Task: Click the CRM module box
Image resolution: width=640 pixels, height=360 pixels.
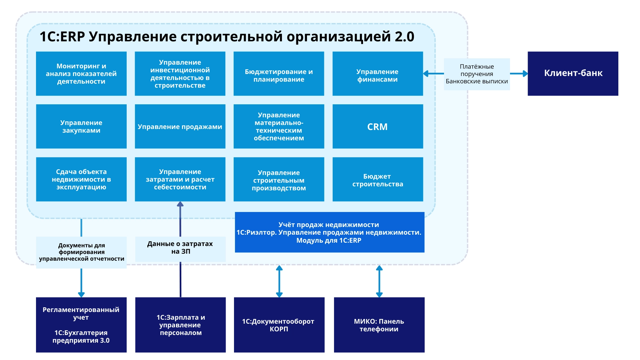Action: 378,127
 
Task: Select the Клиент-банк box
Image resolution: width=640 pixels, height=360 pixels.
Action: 573,73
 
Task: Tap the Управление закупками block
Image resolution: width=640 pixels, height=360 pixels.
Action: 81,127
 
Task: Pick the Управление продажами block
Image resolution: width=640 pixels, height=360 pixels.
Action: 180,127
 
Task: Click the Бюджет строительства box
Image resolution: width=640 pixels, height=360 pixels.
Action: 378,180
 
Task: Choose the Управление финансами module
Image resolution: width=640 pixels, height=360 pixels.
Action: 378,74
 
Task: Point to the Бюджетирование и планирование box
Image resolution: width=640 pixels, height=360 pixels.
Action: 279,74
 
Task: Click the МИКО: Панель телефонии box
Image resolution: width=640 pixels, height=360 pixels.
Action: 379,325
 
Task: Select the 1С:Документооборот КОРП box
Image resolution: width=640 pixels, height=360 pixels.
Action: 279,325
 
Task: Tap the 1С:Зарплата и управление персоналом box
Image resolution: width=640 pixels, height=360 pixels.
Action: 180,325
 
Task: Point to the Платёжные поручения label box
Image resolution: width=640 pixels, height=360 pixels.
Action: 477,74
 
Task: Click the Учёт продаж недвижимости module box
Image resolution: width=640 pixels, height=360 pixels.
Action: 329,232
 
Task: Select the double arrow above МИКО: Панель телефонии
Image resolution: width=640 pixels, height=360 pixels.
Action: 379,281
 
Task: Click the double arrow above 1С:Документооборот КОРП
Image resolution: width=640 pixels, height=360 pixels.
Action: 279,281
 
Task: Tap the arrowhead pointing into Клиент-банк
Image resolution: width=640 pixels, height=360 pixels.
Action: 525,74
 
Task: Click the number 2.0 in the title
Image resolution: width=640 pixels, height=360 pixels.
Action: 404,37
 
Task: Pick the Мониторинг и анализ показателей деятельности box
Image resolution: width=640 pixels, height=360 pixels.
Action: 81,74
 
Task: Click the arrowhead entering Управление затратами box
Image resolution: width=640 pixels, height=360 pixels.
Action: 180,204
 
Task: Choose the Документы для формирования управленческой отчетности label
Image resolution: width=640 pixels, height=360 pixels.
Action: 81,252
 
